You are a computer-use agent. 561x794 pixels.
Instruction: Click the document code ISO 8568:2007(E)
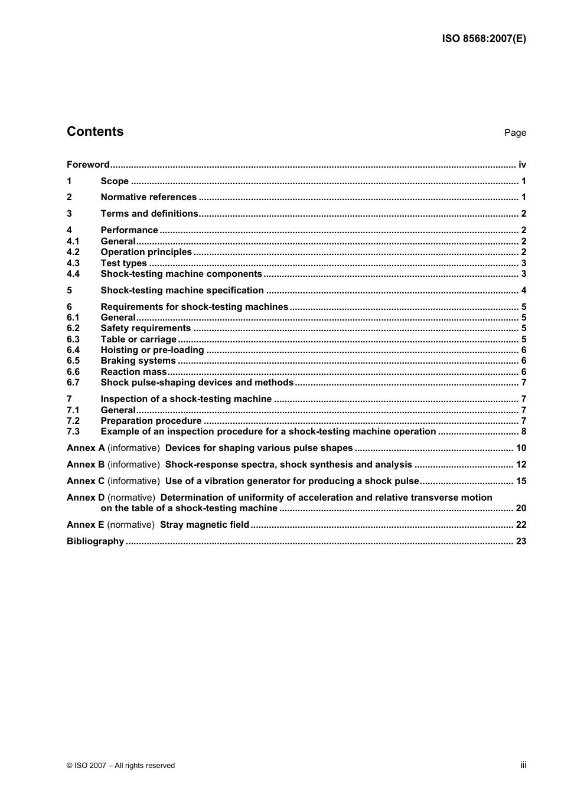pos(484,39)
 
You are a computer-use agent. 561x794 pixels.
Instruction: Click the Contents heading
pos(95,132)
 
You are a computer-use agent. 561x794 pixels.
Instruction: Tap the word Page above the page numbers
pos(514,133)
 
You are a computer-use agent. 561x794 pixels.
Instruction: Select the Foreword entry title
pos(88,165)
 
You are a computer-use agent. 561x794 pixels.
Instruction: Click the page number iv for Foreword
pos(522,165)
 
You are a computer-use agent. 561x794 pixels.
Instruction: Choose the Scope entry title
pos(115,181)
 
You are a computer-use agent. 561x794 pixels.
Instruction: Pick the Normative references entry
pos(148,197)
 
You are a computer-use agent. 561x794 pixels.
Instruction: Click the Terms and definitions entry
pos(149,214)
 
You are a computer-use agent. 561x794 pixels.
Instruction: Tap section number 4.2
pos(73,252)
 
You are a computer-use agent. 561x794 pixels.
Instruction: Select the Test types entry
pos(123,263)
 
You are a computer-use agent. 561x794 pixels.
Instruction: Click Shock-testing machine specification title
pos(182,290)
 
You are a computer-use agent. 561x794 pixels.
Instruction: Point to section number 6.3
pos(73,339)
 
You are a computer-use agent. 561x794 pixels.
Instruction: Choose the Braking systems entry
pos(138,361)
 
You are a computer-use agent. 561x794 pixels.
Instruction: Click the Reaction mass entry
pos(133,372)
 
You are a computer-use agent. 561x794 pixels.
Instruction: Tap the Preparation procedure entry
pos(151,421)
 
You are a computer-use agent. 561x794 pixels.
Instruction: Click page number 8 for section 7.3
pos(523,432)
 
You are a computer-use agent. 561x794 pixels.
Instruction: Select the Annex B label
pos(86,465)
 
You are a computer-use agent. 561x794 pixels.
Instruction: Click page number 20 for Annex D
pos(521,508)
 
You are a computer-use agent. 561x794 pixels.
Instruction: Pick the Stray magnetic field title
pos(204,525)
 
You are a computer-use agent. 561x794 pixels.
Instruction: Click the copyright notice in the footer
pos(121,766)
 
